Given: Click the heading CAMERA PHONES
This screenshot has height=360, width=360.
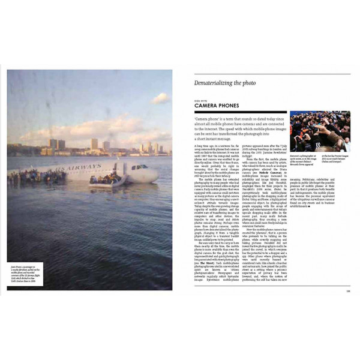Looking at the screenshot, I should [217, 106].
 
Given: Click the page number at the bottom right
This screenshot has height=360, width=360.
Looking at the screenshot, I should [347, 292].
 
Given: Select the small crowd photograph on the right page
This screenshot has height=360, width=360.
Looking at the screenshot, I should [320, 131].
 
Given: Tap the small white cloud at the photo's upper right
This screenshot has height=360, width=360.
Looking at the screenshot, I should [160, 98].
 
